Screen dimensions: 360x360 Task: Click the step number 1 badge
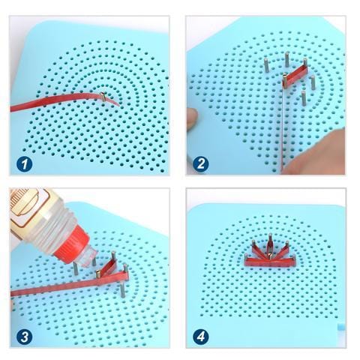click(25, 160)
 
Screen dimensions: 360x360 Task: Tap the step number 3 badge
click(25, 334)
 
